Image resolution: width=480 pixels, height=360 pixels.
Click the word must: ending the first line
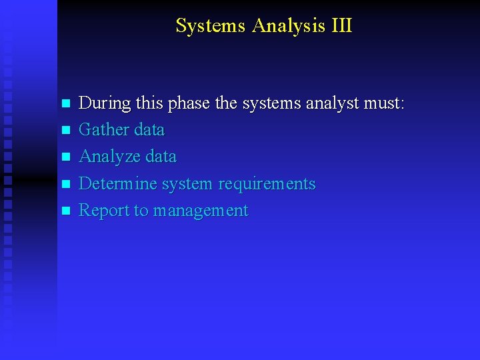(x=385, y=103)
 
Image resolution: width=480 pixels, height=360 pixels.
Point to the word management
(x=201, y=211)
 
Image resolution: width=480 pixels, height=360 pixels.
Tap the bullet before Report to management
(x=65, y=211)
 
